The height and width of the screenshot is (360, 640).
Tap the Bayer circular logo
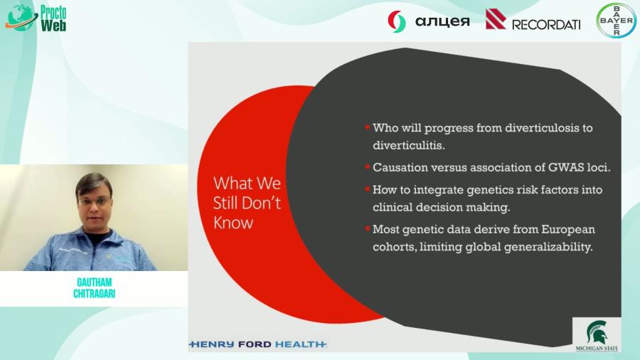[616, 21]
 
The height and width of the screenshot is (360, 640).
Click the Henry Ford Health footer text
[257, 344]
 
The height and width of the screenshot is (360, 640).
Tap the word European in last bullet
[560, 229]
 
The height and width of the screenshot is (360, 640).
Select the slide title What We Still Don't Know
[247, 202]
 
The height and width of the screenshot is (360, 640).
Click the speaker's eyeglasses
[93, 201]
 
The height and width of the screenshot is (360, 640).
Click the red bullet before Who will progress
[368, 127]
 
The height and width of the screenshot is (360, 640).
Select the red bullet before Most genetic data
[368, 228]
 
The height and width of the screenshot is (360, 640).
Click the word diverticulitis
[408, 146]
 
